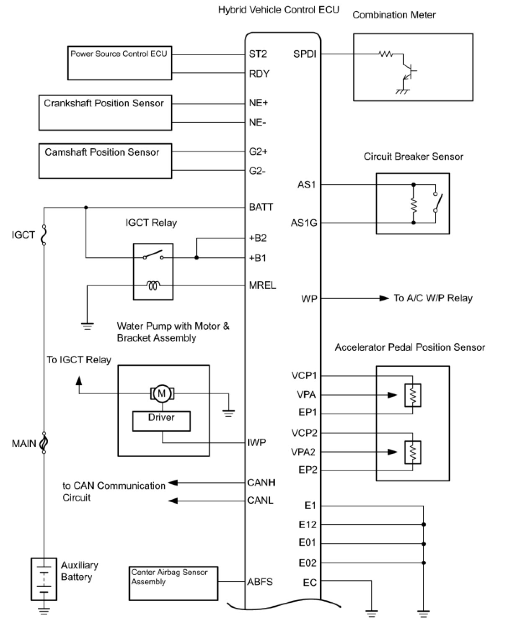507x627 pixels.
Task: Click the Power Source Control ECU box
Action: (119, 63)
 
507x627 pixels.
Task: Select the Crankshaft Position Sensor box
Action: (105, 113)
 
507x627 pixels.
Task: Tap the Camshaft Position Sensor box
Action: (105, 161)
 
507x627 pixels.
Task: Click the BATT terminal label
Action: (261, 207)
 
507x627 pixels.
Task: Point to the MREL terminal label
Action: (262, 285)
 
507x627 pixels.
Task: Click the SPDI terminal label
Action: (305, 54)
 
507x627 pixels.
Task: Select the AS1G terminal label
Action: (304, 223)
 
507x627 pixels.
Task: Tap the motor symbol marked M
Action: (162, 393)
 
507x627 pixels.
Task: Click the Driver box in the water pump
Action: (161, 421)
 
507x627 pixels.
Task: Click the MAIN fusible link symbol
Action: (44, 443)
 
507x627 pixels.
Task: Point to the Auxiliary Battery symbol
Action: (44, 578)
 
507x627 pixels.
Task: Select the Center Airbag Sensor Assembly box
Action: (173, 583)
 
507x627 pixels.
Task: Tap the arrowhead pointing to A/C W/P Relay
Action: (384, 298)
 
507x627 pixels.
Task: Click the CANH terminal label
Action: (261, 483)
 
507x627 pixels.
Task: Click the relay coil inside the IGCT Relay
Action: (153, 286)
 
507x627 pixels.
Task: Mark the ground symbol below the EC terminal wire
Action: (371, 614)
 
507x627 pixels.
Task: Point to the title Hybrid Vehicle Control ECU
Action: (278, 10)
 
